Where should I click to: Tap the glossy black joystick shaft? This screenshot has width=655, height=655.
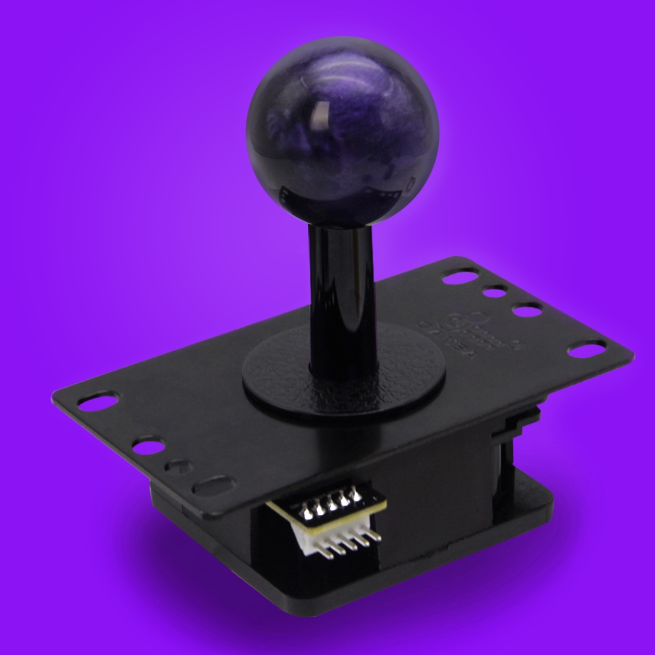340,295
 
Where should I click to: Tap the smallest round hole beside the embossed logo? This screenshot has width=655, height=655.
495,291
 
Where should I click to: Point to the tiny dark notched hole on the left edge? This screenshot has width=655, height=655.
176,466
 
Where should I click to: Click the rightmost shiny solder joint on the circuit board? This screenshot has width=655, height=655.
356,496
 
